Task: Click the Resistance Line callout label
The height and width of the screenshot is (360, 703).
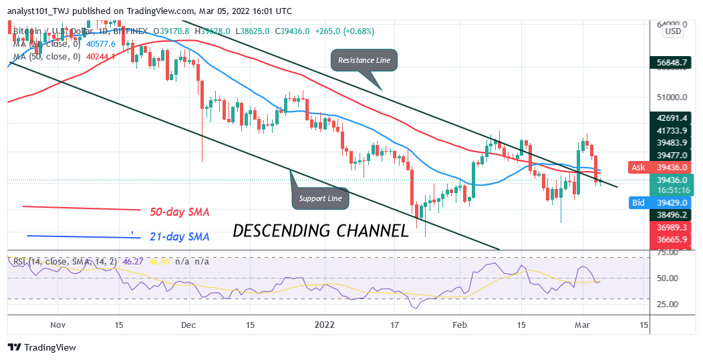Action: [364, 60]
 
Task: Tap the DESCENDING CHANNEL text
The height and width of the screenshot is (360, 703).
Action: [321, 231]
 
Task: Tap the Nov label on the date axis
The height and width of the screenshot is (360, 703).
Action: [58, 324]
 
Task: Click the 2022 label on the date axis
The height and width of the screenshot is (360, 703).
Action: [325, 324]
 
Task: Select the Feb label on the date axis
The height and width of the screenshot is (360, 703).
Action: [460, 324]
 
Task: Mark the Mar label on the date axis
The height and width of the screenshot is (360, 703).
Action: [583, 324]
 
